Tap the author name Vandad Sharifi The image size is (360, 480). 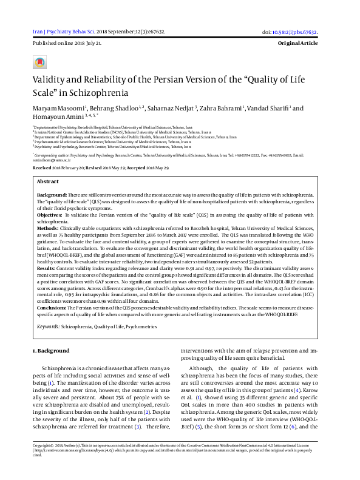point(268,108)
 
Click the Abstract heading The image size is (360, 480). point(48,181)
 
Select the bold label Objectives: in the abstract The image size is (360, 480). point(50,215)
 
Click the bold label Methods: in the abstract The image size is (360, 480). point(49,229)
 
